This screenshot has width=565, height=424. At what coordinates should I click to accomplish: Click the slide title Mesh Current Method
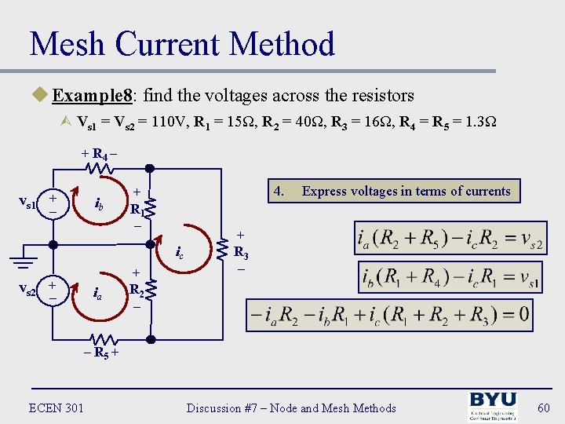click(182, 44)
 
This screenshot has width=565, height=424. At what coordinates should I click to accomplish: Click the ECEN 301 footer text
click(56, 408)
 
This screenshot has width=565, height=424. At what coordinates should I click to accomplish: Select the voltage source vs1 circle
click(53, 204)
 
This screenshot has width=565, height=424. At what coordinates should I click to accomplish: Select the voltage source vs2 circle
click(53, 290)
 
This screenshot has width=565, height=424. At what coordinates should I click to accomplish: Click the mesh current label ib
click(100, 207)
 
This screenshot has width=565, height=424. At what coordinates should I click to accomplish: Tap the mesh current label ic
click(180, 254)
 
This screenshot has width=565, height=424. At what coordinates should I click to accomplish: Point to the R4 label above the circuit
click(100, 154)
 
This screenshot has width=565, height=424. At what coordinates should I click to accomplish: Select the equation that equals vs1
click(450, 277)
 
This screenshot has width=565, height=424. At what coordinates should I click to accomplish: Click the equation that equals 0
click(389, 316)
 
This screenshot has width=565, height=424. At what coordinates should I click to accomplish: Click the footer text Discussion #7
click(291, 408)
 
